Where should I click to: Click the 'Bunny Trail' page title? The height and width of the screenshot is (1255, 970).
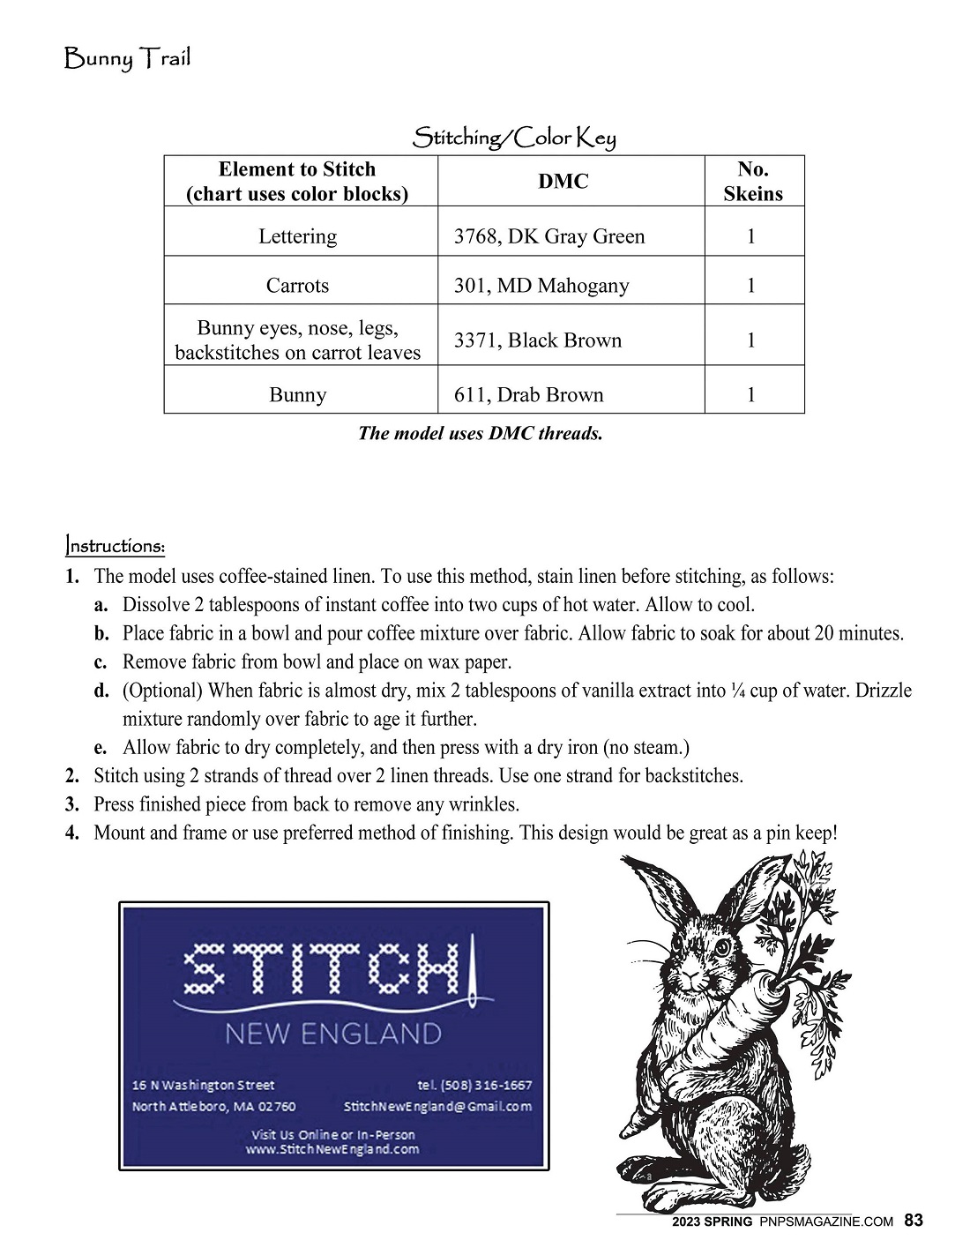tap(128, 60)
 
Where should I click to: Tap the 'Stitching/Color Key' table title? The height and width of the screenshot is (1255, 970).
tap(514, 138)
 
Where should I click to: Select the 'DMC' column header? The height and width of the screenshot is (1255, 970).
tap(563, 182)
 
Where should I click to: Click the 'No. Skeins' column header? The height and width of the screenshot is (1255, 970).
tap(753, 182)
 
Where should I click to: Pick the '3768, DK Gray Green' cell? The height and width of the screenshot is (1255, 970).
tap(549, 236)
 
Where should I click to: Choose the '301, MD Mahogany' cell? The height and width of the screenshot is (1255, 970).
tap(541, 286)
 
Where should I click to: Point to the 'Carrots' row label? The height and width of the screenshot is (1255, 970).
tap(297, 286)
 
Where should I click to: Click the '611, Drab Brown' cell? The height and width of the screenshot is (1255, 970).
tap(529, 395)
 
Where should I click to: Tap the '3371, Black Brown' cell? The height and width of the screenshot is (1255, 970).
tap(538, 340)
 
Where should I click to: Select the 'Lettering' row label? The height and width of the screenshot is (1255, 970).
tap(297, 236)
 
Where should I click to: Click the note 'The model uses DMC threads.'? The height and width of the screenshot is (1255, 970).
tap(481, 433)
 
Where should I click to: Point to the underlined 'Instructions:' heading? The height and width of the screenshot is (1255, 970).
tap(115, 546)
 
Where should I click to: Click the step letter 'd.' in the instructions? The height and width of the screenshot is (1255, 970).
tap(101, 691)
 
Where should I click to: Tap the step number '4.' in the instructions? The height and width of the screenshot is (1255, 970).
tap(72, 833)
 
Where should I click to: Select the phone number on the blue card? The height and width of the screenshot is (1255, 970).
tap(474, 1085)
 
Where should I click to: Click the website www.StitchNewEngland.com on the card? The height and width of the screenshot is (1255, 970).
tap(332, 1150)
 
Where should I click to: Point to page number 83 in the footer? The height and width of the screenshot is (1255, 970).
tap(914, 1221)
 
